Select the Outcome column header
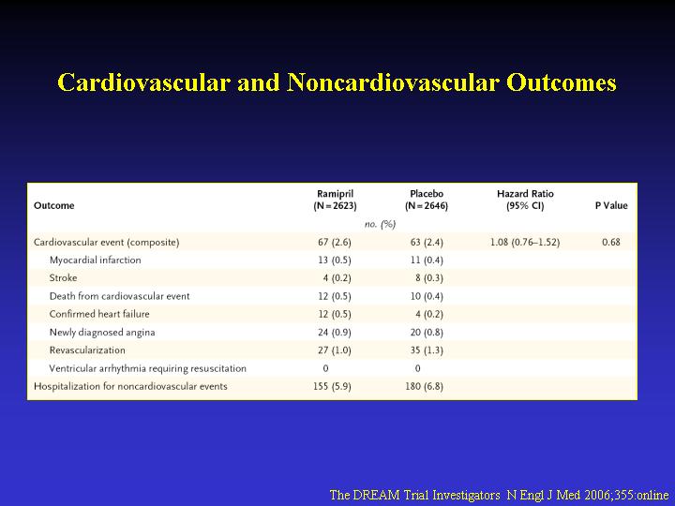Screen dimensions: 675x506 (x=54, y=205)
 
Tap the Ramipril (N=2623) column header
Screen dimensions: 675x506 (x=336, y=201)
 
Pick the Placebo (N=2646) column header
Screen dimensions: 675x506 (x=427, y=201)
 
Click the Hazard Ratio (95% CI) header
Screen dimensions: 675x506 (x=525, y=201)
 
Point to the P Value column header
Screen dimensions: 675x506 (x=611, y=205)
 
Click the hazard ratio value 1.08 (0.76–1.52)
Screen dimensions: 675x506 (x=525, y=243)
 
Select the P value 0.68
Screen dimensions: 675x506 (x=611, y=243)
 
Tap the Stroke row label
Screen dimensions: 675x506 (x=64, y=278)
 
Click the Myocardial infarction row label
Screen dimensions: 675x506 (x=95, y=260)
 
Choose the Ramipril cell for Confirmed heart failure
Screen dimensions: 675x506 (x=335, y=314)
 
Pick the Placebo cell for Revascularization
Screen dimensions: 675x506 (x=427, y=350)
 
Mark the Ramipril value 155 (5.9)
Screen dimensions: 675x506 (x=332, y=386)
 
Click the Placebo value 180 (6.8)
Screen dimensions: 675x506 (x=424, y=386)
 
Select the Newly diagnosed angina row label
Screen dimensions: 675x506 (x=102, y=333)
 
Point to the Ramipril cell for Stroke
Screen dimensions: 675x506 (x=337, y=278)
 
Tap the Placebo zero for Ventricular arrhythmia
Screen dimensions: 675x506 (x=417, y=368)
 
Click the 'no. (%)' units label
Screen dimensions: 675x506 (x=380, y=224)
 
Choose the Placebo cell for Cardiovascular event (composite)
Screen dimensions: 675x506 (x=427, y=243)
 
